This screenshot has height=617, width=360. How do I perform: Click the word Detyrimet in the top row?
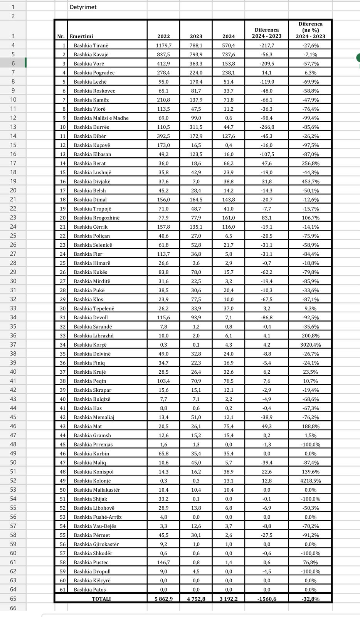[x=83, y=7]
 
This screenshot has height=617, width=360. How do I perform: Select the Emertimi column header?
[x=81, y=36]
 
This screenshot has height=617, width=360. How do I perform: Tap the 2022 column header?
[x=163, y=36]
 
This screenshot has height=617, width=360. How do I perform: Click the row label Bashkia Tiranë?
[x=91, y=46]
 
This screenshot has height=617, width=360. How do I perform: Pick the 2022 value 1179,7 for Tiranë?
[x=163, y=46]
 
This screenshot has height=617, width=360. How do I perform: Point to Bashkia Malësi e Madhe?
[x=101, y=118]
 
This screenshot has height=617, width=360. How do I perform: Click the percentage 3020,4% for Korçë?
[x=310, y=345]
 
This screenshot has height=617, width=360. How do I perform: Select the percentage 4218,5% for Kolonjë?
[x=310, y=481]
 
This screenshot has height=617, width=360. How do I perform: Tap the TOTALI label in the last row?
[x=101, y=599]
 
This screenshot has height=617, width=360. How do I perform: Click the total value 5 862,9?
[x=163, y=599]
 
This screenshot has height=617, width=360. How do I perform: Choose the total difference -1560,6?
[x=266, y=599]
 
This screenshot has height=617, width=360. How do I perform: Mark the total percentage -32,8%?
[x=310, y=599]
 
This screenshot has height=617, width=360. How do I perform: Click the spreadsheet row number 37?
[x=13, y=344]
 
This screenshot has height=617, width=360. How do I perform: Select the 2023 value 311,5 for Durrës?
[x=196, y=127]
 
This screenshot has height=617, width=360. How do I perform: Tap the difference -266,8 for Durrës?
[x=266, y=127]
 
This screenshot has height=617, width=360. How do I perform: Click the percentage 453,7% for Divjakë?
[x=310, y=181]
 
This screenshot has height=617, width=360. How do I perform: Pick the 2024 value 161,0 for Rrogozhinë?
[x=229, y=217]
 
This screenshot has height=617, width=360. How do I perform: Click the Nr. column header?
[x=61, y=36]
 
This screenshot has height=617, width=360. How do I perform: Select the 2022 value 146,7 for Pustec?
[x=163, y=562]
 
